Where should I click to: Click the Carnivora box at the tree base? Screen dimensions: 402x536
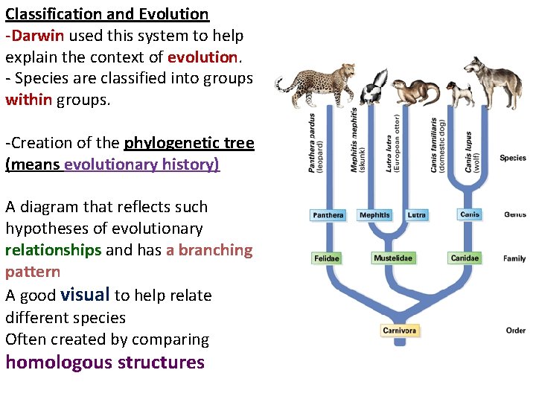click(x=400, y=330)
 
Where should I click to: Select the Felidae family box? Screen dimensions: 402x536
click(x=327, y=258)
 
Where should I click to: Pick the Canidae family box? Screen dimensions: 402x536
click(x=465, y=258)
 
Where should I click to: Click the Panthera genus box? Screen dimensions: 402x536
click(x=328, y=215)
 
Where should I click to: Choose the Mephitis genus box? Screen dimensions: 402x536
click(x=374, y=215)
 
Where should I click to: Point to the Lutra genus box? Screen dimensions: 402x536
click(x=417, y=215)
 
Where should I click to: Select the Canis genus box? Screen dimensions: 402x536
click(x=470, y=214)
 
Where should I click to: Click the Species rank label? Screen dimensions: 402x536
click(x=513, y=158)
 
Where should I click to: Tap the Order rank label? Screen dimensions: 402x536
click(x=515, y=330)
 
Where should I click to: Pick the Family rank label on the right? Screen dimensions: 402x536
click(x=514, y=258)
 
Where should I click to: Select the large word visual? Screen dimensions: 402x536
click(x=85, y=295)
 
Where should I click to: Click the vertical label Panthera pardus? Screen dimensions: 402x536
click(x=313, y=142)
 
